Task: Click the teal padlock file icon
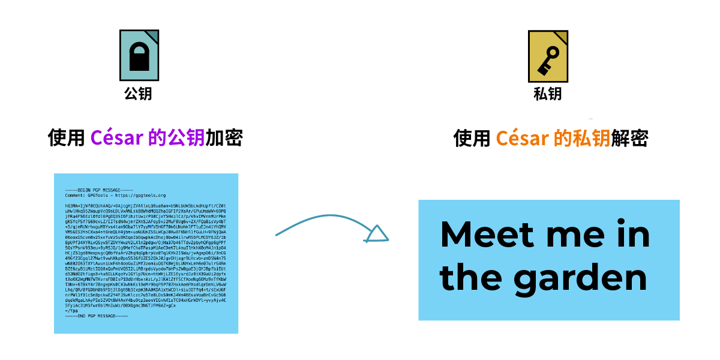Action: [139, 55]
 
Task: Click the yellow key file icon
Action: [548, 56]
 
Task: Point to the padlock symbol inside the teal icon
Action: [139, 60]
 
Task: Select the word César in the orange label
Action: [522, 139]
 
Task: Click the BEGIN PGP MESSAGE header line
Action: [98, 190]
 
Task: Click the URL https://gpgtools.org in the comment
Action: [140, 195]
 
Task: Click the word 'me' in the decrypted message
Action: [569, 234]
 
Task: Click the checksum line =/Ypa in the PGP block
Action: [71, 311]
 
